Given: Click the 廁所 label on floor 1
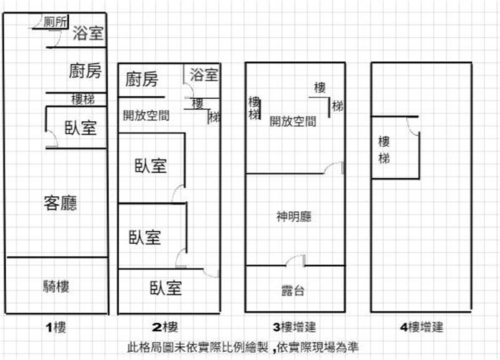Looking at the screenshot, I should (x=56, y=21).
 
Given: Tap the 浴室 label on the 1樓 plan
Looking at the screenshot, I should (x=87, y=33).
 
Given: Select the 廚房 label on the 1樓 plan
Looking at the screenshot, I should (x=84, y=71).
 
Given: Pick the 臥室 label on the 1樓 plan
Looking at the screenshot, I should (x=81, y=128).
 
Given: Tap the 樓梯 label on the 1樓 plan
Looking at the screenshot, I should (x=83, y=99).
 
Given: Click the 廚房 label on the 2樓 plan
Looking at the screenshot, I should (x=141, y=79).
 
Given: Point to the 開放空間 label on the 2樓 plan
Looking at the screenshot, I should (x=146, y=116).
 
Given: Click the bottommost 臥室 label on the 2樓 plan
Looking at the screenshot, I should (x=166, y=288).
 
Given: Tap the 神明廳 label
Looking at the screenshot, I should (x=294, y=217).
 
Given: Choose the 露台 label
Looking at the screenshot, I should (x=293, y=290).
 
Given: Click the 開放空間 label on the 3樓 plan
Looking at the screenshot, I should (x=293, y=121).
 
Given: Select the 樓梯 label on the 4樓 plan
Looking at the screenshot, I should (x=384, y=149).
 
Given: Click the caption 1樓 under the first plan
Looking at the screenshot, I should (x=56, y=326).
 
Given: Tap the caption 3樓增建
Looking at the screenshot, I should (x=294, y=326).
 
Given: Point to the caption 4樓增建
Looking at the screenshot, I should (x=421, y=326).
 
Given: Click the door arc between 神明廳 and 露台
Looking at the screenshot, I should (x=296, y=259).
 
